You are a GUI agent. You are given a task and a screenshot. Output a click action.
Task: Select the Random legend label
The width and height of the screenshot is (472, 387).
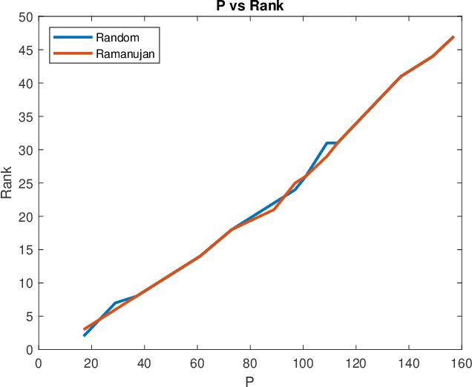tap(122, 37)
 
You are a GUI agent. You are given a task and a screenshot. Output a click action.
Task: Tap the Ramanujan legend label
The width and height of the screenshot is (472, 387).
tap(128, 53)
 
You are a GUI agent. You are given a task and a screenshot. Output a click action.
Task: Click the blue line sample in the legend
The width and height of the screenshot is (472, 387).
tap(72, 37)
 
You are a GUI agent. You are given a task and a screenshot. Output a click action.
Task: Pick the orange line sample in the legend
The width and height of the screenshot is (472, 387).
tap(72, 53)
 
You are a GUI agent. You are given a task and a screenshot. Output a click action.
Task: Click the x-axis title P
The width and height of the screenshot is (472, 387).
tap(249, 380)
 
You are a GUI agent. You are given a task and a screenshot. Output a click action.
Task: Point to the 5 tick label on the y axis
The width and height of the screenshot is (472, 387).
tap(29, 317)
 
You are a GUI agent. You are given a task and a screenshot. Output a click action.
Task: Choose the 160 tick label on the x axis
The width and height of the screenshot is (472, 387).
tap(461, 363)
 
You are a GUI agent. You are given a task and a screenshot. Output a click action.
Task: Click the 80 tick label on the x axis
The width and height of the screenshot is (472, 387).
tap(250, 363)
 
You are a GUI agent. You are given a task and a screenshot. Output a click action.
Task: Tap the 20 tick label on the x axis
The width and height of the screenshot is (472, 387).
tap(91, 363)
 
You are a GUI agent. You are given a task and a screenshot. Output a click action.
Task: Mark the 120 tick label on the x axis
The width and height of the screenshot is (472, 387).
tap(355, 363)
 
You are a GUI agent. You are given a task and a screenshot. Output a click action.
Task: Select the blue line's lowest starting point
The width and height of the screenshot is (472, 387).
tap(84, 336)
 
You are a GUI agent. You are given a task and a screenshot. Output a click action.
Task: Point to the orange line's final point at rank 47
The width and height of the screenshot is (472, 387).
tap(453, 36)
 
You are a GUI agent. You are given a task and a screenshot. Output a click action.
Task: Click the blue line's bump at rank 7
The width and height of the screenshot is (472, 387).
tap(115, 302)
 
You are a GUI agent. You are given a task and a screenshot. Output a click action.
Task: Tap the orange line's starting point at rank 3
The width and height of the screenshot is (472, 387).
tap(84, 329)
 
